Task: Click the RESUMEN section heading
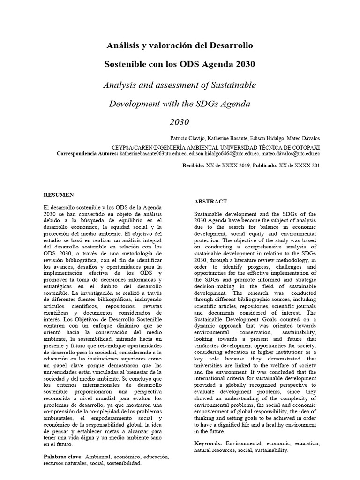click(59, 195)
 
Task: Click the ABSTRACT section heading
click(210, 201)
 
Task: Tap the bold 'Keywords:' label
click(209, 443)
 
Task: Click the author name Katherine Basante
click(227, 139)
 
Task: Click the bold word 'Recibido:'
click(193, 165)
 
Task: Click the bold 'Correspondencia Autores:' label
click(87, 153)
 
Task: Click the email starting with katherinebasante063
click(153, 153)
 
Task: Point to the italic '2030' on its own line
click(180, 122)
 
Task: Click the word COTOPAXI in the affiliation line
click(304, 146)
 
